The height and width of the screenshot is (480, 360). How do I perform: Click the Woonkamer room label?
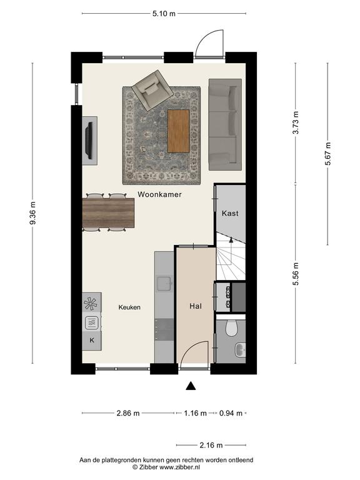(159, 194)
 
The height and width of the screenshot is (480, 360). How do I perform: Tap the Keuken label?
(129, 307)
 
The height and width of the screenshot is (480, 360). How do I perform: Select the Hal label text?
(196, 306)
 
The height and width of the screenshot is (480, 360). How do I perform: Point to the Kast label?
(230, 213)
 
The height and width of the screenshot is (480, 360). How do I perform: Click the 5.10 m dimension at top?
(164, 14)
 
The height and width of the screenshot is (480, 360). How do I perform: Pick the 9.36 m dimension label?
(32, 213)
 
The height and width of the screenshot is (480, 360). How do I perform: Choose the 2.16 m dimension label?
(211, 445)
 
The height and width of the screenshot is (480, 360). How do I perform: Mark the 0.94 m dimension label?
(231, 413)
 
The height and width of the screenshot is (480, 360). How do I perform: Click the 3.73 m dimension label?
(296, 122)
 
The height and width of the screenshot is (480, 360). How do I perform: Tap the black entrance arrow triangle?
(191, 386)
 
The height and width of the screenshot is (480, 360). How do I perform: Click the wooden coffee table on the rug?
(179, 131)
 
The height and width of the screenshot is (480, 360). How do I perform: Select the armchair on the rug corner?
(152, 90)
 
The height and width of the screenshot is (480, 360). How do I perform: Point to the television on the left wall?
(89, 141)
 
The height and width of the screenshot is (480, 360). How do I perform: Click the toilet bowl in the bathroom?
(231, 327)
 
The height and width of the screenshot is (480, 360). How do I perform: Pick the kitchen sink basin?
(164, 283)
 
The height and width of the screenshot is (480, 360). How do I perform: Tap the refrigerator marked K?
(92, 341)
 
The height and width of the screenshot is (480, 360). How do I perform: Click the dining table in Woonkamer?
(108, 213)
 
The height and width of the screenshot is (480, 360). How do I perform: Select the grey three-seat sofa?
(225, 124)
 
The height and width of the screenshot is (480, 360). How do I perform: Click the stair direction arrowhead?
(231, 240)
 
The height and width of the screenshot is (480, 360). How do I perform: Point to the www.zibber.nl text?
(180, 467)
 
